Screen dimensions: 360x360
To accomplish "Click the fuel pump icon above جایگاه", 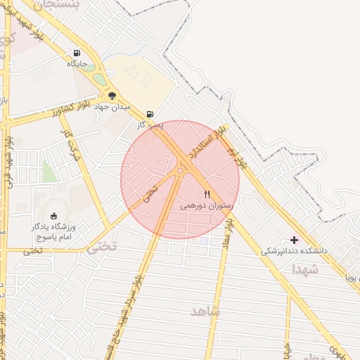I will coord(77,53).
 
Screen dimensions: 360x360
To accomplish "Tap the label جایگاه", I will coord(77,63).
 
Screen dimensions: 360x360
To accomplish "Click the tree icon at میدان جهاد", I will coord(112,96).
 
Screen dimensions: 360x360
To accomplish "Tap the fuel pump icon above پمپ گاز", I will coord(150,114).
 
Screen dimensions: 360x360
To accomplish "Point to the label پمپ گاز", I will coord(150,124).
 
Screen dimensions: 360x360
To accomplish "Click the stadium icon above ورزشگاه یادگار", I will coord(55,215).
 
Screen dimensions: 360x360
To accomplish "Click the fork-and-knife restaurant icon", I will coord(207,194).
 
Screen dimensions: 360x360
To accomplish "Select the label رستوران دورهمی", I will coord(204,206).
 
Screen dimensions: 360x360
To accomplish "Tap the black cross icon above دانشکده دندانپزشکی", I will coord(295,240).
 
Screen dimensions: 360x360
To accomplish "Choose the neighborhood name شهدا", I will coord(306,269).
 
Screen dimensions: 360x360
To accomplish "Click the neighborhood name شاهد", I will coord(205,311).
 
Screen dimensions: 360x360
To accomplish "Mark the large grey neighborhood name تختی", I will coord(99,247).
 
